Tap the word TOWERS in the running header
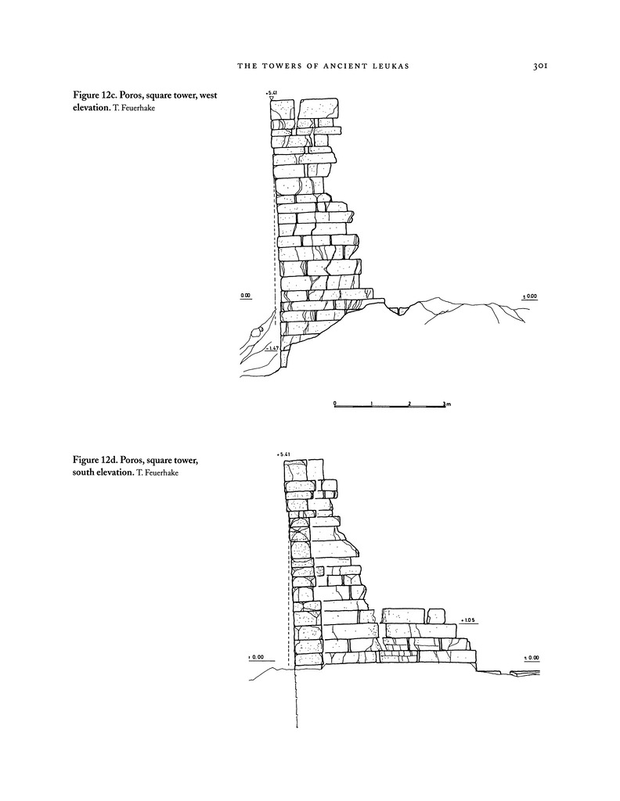pos(280,66)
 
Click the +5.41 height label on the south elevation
pos(283,454)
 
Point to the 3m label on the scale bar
pos(447,404)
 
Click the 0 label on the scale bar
pos(335,404)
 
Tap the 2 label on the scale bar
pos(409,404)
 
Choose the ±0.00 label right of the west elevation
pos(529,296)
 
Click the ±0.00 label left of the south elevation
pos(256,657)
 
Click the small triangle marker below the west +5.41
pos(272,99)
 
